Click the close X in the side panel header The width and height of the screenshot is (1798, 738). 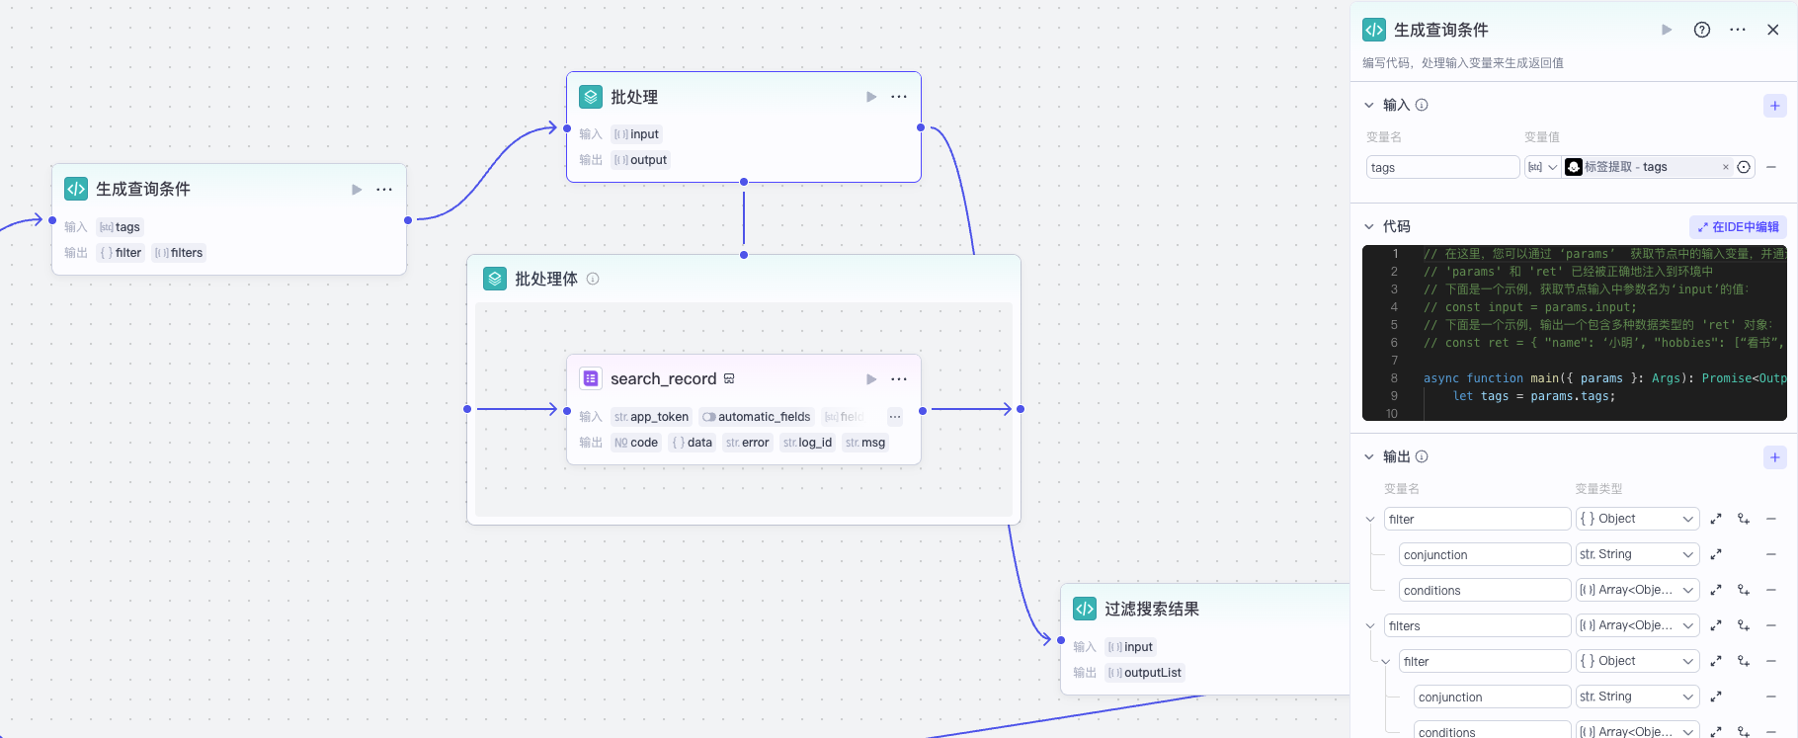pos(1773,30)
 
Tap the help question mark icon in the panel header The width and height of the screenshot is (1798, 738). pos(1702,30)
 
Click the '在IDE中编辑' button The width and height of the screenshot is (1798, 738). pos(1738,227)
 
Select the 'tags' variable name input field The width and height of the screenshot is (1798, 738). pos(1442,168)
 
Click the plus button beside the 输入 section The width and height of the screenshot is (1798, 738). pos(1775,106)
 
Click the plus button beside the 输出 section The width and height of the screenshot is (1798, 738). pos(1775,457)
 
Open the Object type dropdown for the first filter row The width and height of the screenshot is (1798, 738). pos(1637,519)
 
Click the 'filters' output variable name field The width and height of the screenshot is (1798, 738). pos(1478,626)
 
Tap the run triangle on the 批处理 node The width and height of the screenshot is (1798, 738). pos(871,97)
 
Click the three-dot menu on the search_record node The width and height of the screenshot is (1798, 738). pos(899,379)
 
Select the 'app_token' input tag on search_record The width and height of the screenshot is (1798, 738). pos(651,417)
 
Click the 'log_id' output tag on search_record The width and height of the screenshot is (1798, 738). pos(807,443)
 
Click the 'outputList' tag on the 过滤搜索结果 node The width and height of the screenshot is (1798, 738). pos(1145,673)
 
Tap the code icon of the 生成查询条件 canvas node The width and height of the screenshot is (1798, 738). pos(76,189)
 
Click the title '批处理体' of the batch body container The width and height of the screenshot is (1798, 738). pos(545,280)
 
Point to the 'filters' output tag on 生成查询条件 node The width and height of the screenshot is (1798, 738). pos(179,253)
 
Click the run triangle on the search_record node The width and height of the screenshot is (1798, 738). pos(871,379)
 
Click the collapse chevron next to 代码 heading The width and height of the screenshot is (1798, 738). pos(1369,227)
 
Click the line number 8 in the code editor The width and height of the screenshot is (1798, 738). pos(1394,378)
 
